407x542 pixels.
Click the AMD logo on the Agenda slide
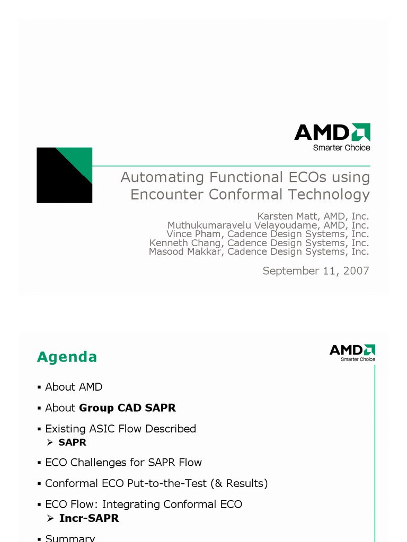352,350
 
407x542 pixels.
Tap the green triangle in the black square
77,161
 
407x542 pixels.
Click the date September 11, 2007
316,271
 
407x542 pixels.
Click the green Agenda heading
67,357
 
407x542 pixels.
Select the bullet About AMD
73,387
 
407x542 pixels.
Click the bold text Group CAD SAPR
127,408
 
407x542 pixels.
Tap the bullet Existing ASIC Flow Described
120,429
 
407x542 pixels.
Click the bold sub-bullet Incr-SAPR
89,518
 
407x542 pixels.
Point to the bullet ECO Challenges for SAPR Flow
123,462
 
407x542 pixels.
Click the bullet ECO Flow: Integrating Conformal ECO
143,504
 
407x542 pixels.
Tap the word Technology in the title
329,194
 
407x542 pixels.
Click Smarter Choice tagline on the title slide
341,148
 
